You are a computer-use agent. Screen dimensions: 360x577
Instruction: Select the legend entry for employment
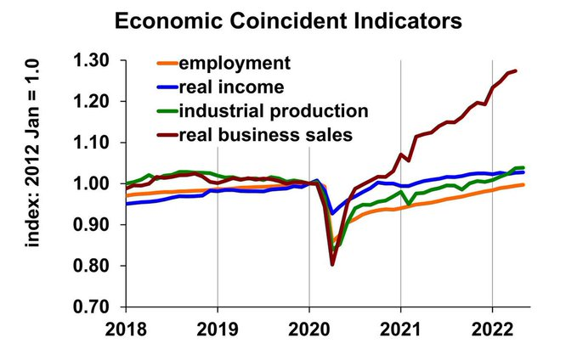235,64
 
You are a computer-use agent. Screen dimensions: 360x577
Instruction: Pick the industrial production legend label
274,110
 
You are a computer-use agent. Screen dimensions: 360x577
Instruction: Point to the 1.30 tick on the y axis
93,61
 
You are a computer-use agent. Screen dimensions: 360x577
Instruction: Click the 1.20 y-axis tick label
93,102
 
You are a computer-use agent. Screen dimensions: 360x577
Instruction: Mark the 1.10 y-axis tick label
93,143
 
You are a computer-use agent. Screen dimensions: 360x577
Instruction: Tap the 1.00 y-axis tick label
93,184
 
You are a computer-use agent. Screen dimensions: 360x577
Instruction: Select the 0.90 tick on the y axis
93,225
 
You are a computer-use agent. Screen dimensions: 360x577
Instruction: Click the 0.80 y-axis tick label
93,267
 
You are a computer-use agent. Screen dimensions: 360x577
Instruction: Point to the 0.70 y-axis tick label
93,307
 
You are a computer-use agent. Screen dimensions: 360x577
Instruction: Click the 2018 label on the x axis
126,329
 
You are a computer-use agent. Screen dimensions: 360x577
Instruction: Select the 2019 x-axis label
218,329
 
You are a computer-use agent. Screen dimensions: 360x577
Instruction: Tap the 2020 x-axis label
309,329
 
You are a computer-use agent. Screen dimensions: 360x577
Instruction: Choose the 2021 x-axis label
401,329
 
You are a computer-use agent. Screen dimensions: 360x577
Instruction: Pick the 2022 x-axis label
493,329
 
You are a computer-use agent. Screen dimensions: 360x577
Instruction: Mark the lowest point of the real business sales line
332,264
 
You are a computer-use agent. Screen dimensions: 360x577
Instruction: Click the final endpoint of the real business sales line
516,70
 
